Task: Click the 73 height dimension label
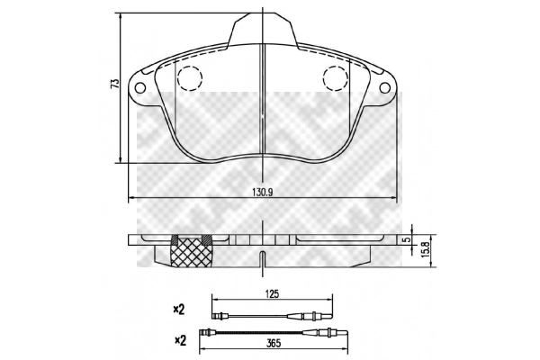[115, 84]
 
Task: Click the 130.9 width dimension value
[263, 193]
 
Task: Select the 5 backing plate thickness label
[409, 239]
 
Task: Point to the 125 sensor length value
[272, 294]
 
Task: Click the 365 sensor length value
[274, 343]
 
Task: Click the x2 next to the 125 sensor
[179, 310]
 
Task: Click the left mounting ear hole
[140, 88]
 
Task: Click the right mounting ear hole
[384, 88]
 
